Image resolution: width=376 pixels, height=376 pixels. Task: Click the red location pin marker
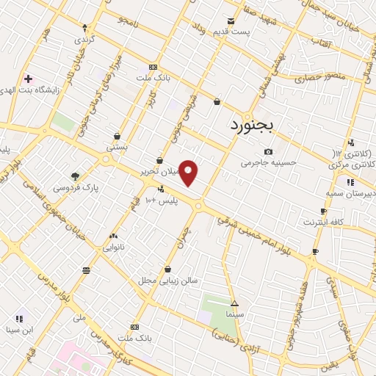click(x=189, y=173)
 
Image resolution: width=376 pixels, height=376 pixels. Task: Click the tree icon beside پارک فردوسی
click(x=74, y=176)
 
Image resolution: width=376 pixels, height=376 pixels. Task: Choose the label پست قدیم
click(x=237, y=32)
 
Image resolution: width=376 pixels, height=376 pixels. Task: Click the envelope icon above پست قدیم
click(x=231, y=21)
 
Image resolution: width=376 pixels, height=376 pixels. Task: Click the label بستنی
click(x=117, y=147)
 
